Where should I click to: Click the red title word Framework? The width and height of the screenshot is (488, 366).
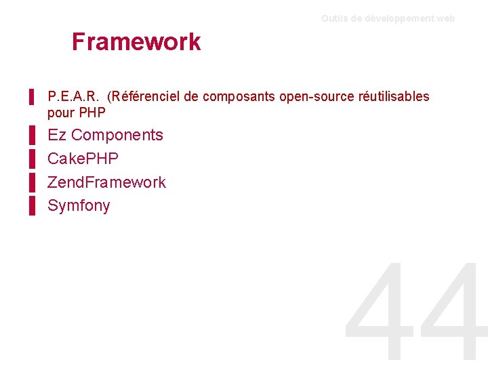[136, 42]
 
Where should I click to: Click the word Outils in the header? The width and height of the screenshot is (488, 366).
[334, 19]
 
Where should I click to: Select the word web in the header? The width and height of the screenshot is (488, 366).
[446, 19]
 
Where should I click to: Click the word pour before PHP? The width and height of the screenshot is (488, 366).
[62, 112]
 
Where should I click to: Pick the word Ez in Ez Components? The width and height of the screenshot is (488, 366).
[57, 135]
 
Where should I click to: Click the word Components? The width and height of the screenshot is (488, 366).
[117, 135]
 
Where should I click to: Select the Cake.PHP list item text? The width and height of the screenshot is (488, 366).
[83, 159]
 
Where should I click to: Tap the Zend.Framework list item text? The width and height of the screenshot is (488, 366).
[106, 182]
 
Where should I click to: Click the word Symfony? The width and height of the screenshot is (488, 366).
[79, 206]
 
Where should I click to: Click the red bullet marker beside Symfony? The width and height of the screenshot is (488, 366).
[32, 206]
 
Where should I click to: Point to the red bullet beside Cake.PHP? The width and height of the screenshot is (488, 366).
[32, 159]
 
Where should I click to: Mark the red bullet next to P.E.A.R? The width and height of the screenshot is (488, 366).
[32, 97]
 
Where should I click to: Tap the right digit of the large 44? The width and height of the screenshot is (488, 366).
[451, 315]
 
